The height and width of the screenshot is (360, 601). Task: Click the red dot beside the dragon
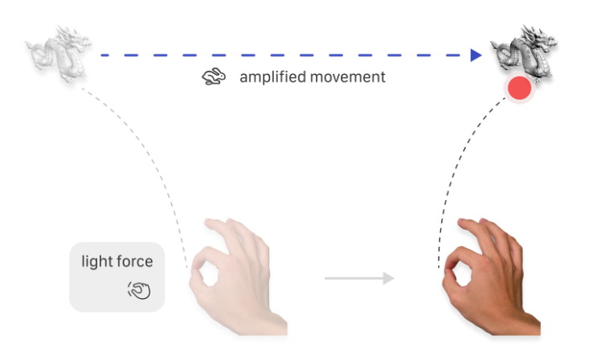pyautogui.click(x=519, y=88)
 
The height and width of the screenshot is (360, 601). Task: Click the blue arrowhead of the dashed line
pyautogui.click(x=476, y=55)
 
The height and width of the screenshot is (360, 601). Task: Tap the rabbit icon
pyautogui.click(x=214, y=76)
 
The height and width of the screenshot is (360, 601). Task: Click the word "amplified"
pyautogui.click(x=273, y=77)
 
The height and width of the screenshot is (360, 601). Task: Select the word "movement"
pyautogui.click(x=348, y=77)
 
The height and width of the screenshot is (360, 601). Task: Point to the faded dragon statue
pyautogui.click(x=59, y=53)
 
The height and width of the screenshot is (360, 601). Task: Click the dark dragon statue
pyautogui.click(x=524, y=53)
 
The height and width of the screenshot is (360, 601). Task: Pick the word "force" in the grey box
pyautogui.click(x=134, y=262)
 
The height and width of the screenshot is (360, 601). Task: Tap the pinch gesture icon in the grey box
pyautogui.click(x=139, y=290)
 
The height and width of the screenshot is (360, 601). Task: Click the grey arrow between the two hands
pyautogui.click(x=359, y=278)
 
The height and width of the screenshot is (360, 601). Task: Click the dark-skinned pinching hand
pyautogui.click(x=492, y=276)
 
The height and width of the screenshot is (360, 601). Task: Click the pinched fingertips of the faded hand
pyautogui.click(x=194, y=268)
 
